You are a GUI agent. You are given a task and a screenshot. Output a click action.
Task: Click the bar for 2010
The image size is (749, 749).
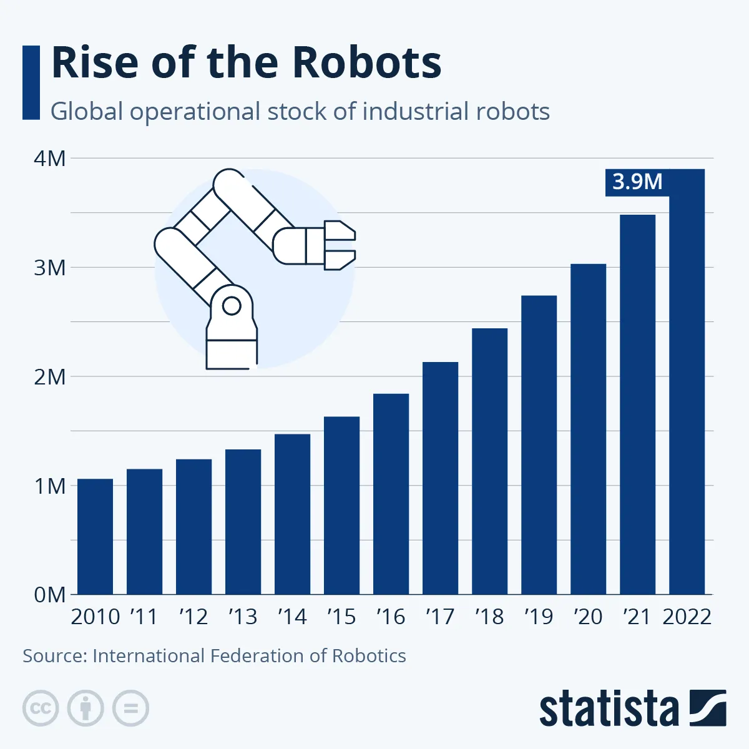[x=95, y=536]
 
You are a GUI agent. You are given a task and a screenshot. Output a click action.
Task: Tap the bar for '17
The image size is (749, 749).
[x=440, y=478]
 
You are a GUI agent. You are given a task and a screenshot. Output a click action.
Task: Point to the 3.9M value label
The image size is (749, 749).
[x=637, y=182]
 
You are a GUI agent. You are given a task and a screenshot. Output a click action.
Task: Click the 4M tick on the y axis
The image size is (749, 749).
[x=50, y=159]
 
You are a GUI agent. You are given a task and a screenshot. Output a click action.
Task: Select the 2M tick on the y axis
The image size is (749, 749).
[x=50, y=377]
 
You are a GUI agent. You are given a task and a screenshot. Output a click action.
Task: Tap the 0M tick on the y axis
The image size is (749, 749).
[x=50, y=595]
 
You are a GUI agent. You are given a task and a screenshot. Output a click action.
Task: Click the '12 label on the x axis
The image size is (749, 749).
[x=193, y=617]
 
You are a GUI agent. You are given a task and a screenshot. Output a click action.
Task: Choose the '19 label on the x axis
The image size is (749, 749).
[x=538, y=617]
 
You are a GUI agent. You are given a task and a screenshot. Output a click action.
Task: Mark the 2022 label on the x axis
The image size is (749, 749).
[x=687, y=617]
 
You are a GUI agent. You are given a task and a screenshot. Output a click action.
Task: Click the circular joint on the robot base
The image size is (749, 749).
[x=232, y=306]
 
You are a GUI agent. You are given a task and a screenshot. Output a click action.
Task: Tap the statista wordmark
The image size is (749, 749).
[x=609, y=709]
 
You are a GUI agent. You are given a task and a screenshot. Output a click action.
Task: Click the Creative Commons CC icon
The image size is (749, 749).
[x=41, y=708]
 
